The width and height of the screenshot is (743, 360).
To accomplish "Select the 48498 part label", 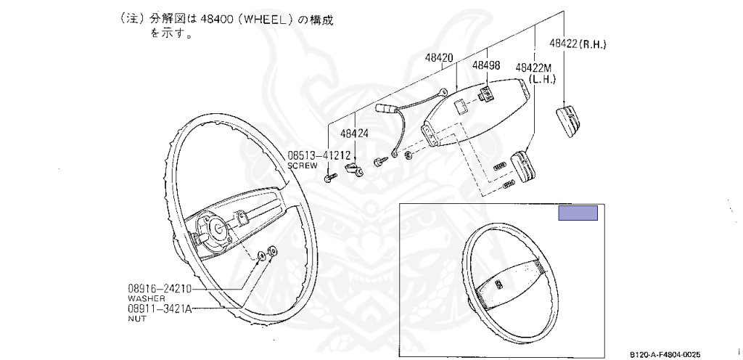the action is [485, 65].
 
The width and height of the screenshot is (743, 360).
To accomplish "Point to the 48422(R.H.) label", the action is [577, 44].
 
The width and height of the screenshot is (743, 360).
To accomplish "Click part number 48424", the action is [354, 134].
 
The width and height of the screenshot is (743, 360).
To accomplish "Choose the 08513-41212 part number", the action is [319, 155].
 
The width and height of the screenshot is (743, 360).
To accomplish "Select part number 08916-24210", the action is [160, 288].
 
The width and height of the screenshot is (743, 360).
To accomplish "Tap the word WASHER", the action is [146, 298].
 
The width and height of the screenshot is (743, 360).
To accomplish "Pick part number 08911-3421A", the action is [160, 308].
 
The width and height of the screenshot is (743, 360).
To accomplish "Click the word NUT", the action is [136, 318].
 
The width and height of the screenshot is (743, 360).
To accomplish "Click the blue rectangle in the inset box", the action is [577, 213].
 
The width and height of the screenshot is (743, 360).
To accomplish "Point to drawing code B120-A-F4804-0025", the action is [665, 354].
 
